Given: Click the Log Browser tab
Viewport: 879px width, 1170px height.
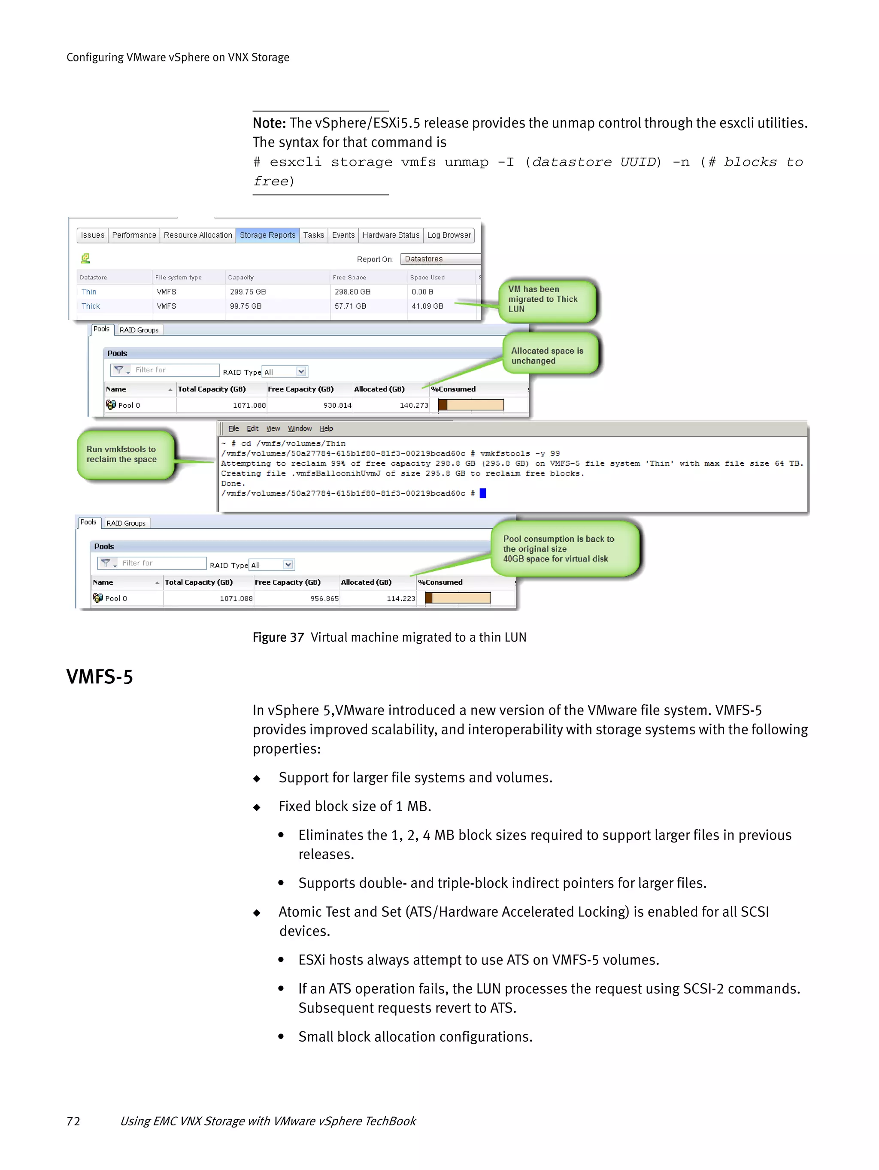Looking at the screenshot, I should coord(449,235).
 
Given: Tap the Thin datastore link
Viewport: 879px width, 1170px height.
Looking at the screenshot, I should coord(89,292).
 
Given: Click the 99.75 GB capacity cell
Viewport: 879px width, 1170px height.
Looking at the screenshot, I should coord(246,306).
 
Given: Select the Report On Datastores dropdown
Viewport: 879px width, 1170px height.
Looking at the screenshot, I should coord(440,259).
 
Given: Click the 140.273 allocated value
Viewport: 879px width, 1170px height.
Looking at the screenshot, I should coord(414,406).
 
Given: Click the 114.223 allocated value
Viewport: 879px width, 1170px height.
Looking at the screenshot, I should coord(400,599).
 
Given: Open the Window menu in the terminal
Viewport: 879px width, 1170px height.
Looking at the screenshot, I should coord(299,429).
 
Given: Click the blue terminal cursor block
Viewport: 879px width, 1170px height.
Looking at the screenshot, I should coord(482,494).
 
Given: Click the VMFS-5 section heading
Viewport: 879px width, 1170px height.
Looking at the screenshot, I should coord(100,677).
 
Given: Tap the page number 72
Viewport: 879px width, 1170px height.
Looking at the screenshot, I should coord(73,1122).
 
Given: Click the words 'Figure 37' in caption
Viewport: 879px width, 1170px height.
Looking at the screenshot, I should coord(278,637).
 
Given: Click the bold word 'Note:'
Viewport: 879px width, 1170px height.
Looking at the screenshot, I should coord(269,123).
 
